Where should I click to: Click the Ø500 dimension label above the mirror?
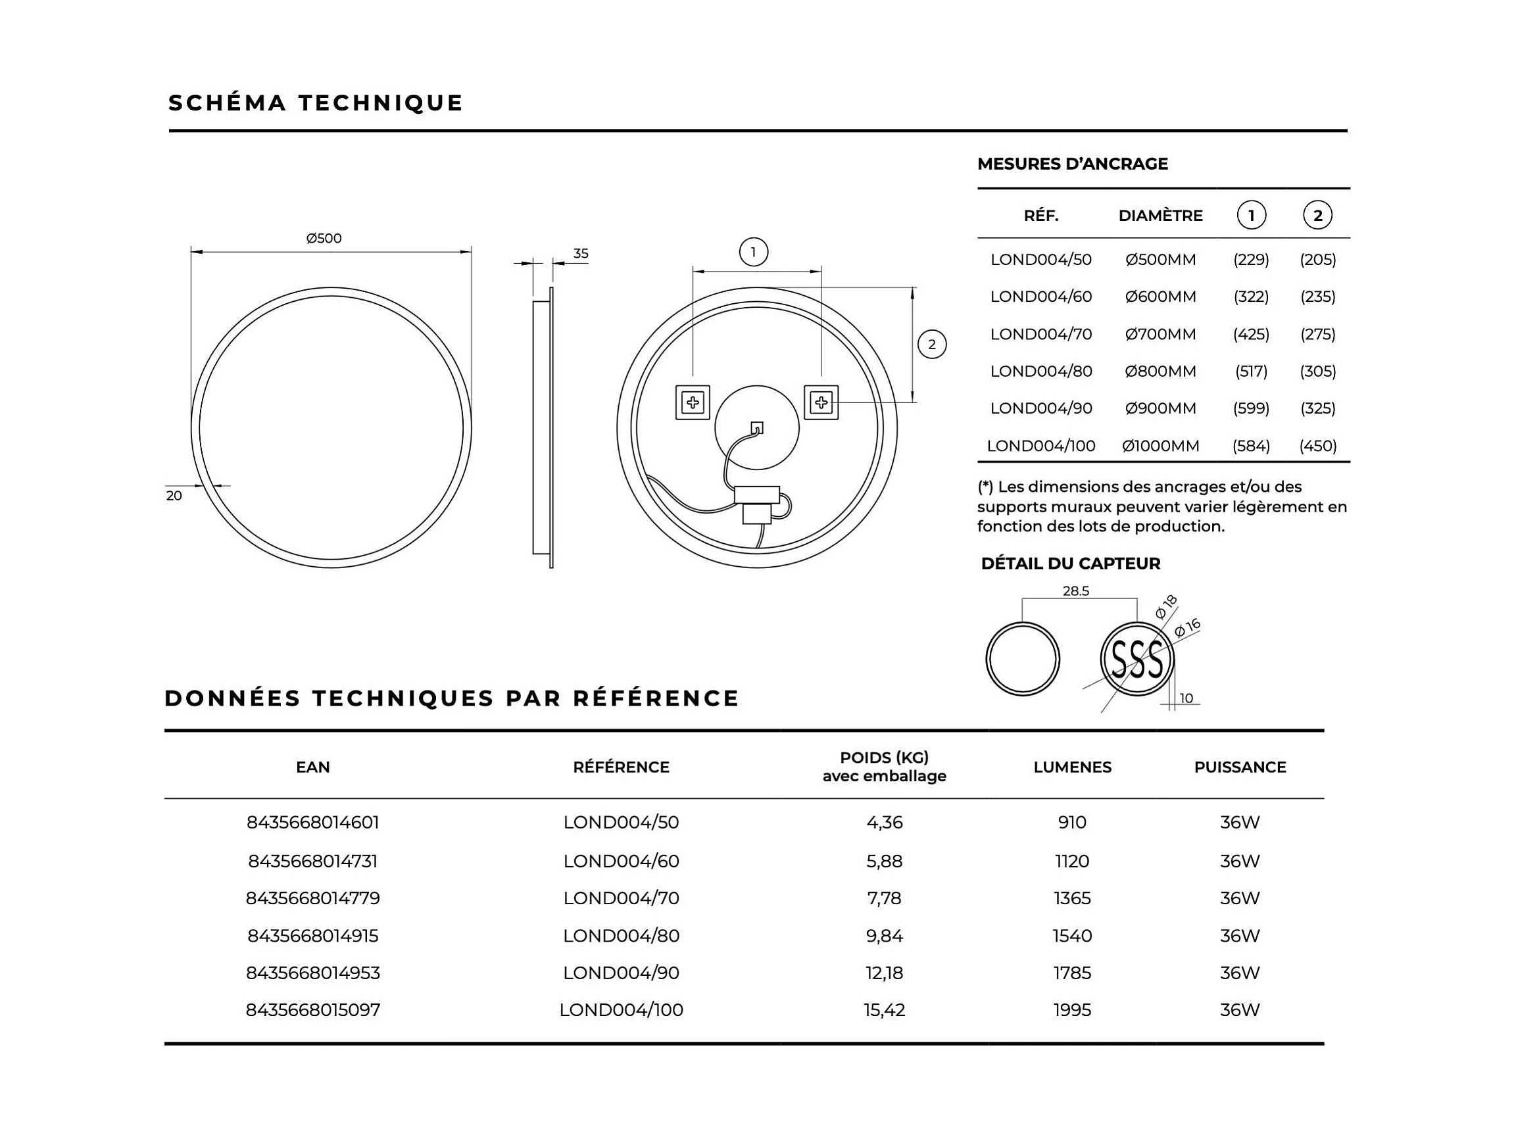(x=324, y=238)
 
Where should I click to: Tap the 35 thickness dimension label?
(x=581, y=253)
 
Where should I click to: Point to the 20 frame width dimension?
(x=174, y=495)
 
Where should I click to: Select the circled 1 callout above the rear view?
(x=753, y=252)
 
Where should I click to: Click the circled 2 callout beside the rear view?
(x=931, y=344)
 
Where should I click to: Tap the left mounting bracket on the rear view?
(x=692, y=402)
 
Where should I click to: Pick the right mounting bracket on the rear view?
(x=821, y=402)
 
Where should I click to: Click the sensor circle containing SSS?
(x=1136, y=660)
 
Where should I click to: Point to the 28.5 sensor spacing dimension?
(x=1075, y=591)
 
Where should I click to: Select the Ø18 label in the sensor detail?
(x=1165, y=606)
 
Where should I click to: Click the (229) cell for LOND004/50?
(x=1250, y=259)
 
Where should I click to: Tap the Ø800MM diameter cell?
(x=1160, y=371)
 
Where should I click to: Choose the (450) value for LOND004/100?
(x=1317, y=445)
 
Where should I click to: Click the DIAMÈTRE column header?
(x=1160, y=216)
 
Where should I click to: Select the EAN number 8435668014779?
(x=313, y=898)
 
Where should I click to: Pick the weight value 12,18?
(x=884, y=972)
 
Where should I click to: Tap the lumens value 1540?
(x=1072, y=935)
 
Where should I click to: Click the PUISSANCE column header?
(x=1240, y=767)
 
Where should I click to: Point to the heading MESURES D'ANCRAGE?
(x=1072, y=164)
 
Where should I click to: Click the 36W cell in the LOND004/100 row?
(x=1240, y=1009)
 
